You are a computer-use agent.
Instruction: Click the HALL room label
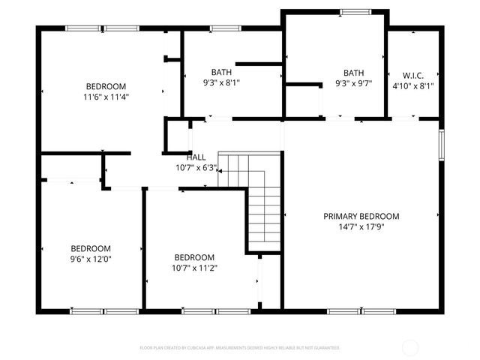[x=196, y=157]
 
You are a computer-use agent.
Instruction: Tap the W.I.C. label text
[x=413, y=75]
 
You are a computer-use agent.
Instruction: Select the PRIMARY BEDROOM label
[x=361, y=216]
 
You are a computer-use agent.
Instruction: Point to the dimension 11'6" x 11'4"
[x=106, y=97]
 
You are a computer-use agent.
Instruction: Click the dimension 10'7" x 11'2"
[x=194, y=267]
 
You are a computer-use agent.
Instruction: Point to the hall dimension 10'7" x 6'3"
[x=196, y=167]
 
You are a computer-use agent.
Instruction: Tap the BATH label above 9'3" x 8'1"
[x=221, y=71]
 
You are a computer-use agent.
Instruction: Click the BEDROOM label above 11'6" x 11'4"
[x=106, y=86]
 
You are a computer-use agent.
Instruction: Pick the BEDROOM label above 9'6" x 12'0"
[x=91, y=248]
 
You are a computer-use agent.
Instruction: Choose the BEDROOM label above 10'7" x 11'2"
[x=194, y=256]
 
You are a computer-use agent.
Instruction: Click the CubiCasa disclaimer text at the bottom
[x=240, y=348]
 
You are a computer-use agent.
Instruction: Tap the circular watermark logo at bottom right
[x=410, y=347]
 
